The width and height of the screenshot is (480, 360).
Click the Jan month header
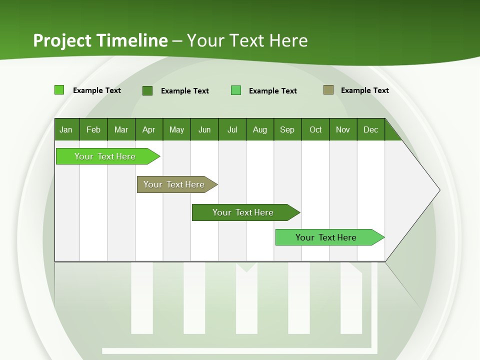[66, 129]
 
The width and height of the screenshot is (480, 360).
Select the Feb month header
[93, 129]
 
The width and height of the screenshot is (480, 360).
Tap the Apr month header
[149, 129]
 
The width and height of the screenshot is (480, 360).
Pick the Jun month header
[204, 129]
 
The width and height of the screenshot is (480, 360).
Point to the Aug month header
[260, 129]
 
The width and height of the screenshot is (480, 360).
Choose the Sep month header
[287, 129]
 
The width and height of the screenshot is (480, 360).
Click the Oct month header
[315, 129]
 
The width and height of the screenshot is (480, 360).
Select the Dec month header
[371, 129]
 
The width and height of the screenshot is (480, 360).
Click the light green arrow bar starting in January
[105, 156]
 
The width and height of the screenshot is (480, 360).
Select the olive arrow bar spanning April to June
[174, 184]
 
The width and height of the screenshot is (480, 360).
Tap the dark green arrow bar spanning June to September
[243, 212]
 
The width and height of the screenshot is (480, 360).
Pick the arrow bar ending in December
[326, 237]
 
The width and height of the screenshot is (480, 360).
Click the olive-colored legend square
[328, 90]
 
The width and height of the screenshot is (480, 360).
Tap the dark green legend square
[147, 90]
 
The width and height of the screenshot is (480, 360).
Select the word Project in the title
[62, 40]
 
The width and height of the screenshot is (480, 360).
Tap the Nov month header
[343, 129]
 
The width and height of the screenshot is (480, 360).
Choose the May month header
[176, 129]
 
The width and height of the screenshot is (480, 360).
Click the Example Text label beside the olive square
[364, 90]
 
